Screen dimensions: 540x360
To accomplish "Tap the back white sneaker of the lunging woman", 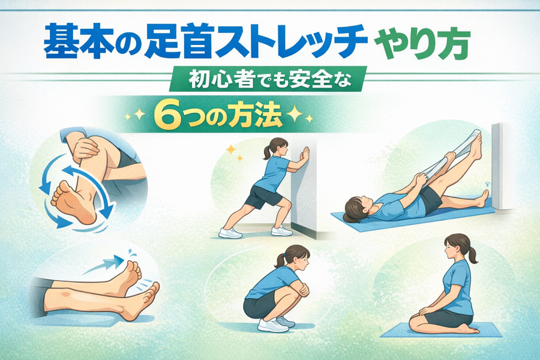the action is coord(230,233).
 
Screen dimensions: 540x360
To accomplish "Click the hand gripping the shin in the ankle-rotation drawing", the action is coord(85,149).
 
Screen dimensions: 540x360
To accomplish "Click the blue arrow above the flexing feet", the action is coord(103,265).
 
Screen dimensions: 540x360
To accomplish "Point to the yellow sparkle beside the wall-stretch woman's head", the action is coord(231,149).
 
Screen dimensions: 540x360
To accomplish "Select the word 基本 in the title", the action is coord(73,43).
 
